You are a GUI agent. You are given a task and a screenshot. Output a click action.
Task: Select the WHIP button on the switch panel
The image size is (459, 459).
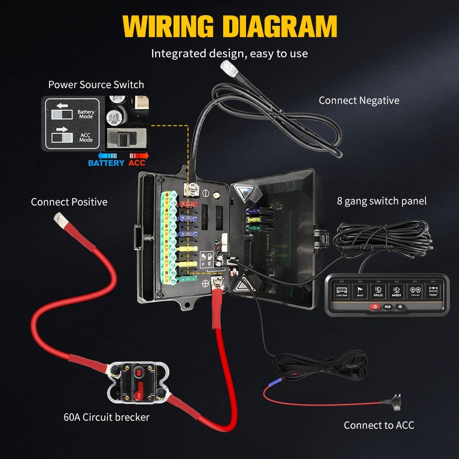pos(360,291)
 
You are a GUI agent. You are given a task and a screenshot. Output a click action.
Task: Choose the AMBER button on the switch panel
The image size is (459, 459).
pos(396,291)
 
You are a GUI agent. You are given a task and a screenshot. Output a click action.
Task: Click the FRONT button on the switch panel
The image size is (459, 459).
pos(433,291)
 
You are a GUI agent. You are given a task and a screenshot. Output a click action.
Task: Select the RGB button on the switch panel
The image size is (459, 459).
pos(387,306)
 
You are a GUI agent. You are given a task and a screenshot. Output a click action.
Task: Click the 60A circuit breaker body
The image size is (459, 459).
pos(137,382)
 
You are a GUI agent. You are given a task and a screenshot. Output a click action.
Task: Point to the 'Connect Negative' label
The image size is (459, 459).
pos(359,101)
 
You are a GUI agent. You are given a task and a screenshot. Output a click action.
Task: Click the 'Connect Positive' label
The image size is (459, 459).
pos(69,202)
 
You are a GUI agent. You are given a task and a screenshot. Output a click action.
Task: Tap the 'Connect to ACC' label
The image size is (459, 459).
pos(379,425)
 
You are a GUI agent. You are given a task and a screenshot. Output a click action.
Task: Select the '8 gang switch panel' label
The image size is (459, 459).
pos(381,201)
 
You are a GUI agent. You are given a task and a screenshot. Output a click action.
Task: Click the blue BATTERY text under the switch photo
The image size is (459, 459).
pos(106,163)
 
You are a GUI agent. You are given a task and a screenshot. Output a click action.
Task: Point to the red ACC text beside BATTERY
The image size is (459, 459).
pos(137,163)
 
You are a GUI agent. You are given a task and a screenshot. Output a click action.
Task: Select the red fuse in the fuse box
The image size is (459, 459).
pos(189,203)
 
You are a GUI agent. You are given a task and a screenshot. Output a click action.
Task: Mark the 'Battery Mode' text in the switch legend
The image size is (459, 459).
pos(86,114)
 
